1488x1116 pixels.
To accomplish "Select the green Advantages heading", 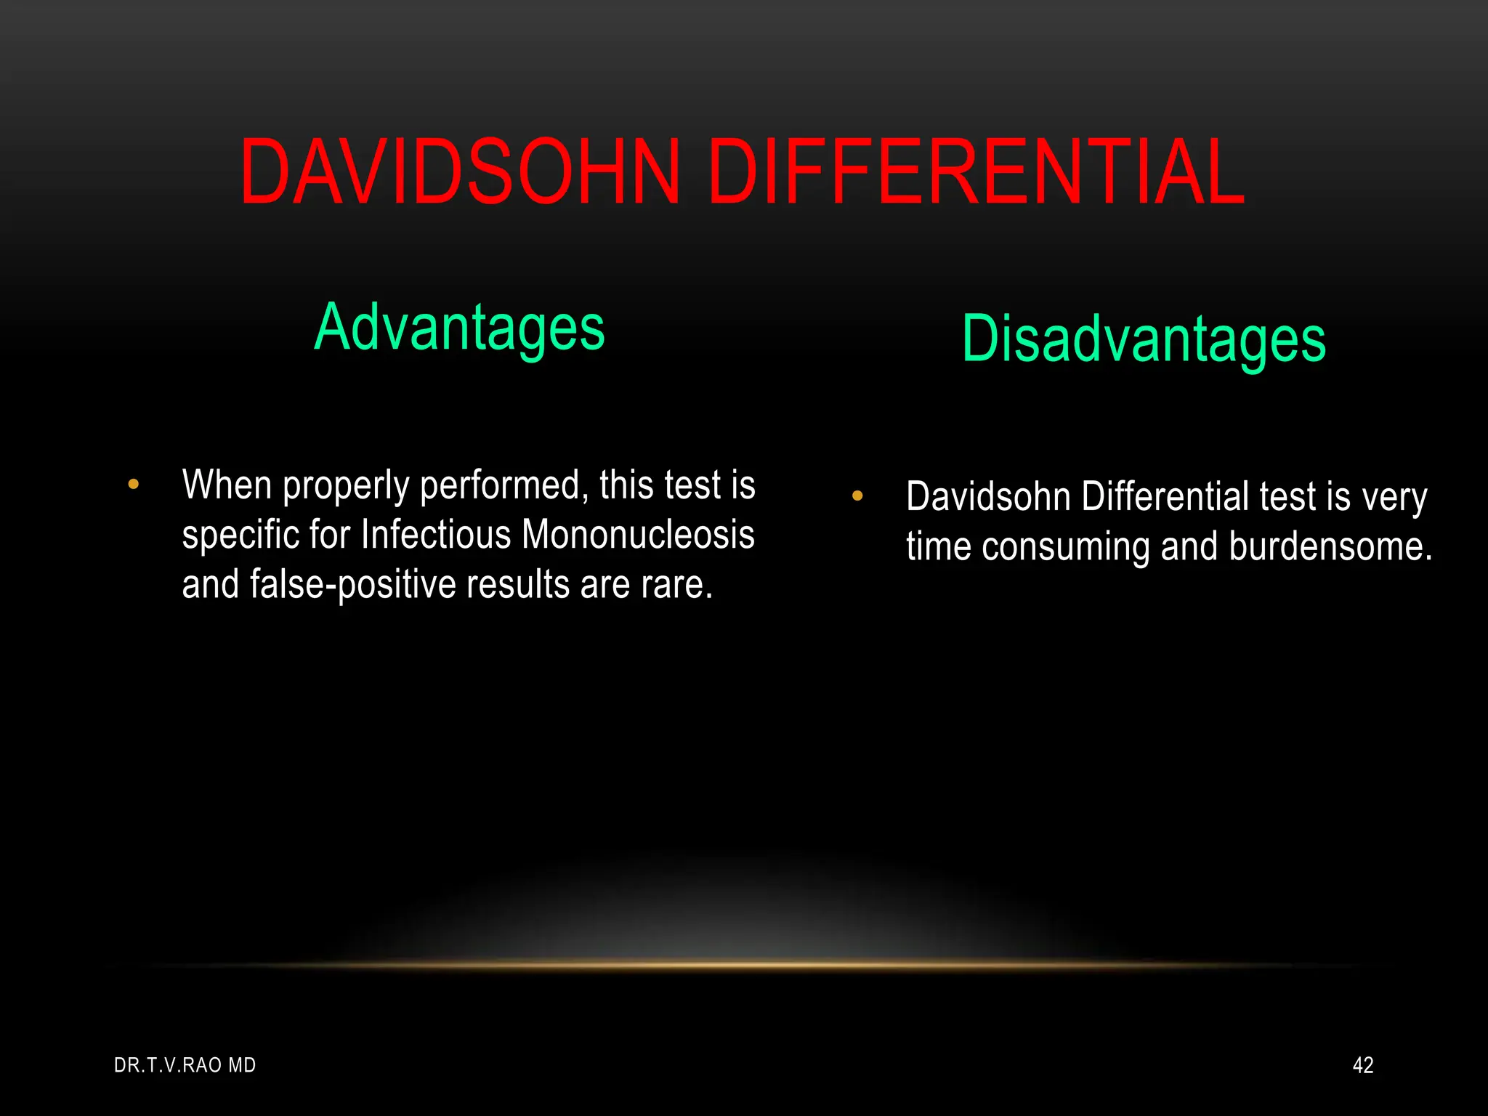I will point(459,328).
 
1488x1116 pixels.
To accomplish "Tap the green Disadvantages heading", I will point(1144,339).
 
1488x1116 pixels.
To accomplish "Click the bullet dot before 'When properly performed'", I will point(133,485).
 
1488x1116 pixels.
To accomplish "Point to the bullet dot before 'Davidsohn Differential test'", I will point(857,496).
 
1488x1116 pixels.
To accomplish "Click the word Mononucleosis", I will point(638,535).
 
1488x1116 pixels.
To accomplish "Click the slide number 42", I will point(1363,1065).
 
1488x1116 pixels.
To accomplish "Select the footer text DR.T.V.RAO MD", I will point(185,1065).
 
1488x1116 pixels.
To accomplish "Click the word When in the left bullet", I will point(227,485).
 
